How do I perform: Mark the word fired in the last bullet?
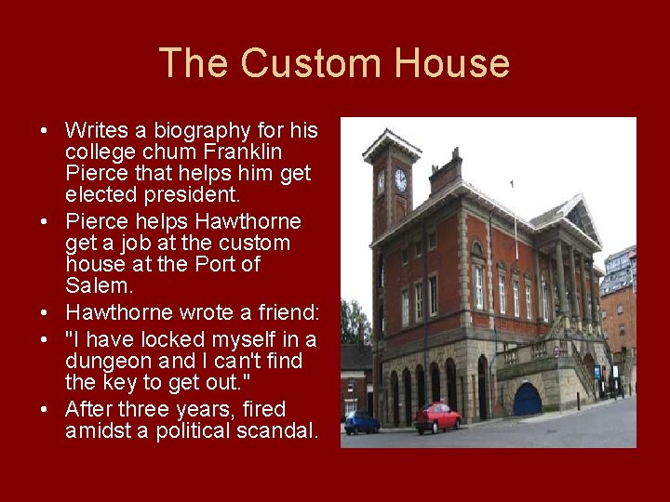(x=261, y=409)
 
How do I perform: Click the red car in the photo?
(x=437, y=417)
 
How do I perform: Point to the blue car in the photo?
(x=362, y=423)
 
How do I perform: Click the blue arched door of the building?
(x=527, y=399)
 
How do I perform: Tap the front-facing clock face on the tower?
(x=400, y=179)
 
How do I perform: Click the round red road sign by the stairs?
(x=556, y=352)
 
